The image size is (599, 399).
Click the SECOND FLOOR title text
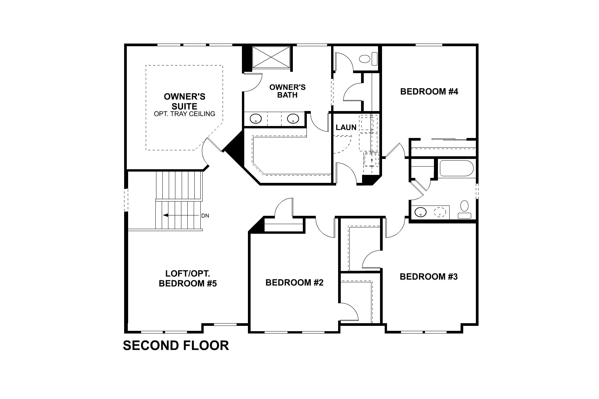pos(176,345)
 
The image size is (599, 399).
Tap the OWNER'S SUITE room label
pos(184,101)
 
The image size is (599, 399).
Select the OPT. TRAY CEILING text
pos(184,114)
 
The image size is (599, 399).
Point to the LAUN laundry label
pos(346,127)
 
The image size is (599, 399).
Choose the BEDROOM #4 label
pos(429,91)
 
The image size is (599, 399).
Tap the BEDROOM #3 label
pos(429,276)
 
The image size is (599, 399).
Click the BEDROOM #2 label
pos(294,283)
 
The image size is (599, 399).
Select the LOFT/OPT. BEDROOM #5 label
pos(188,279)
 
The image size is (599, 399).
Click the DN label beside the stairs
pos(205,215)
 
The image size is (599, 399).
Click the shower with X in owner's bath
pos(271,57)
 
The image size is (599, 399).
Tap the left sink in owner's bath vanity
pos(256,119)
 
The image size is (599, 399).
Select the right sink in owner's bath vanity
pos(293,119)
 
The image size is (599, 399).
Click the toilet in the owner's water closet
pos(366,59)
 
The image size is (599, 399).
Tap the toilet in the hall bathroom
pos(464,209)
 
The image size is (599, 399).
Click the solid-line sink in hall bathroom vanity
pos(421,212)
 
